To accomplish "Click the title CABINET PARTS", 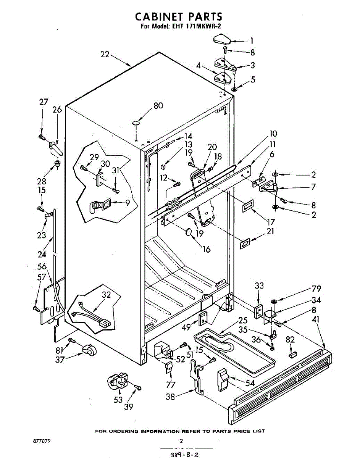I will (x=179, y=17).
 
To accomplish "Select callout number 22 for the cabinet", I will (x=105, y=55).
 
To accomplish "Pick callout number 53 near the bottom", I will (x=118, y=400).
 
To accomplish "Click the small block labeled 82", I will (x=292, y=354).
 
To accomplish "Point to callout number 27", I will (x=44, y=102).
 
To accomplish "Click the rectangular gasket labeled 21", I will (x=245, y=243).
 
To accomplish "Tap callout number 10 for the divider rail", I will (x=273, y=134).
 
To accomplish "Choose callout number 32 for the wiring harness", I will (x=107, y=295).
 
